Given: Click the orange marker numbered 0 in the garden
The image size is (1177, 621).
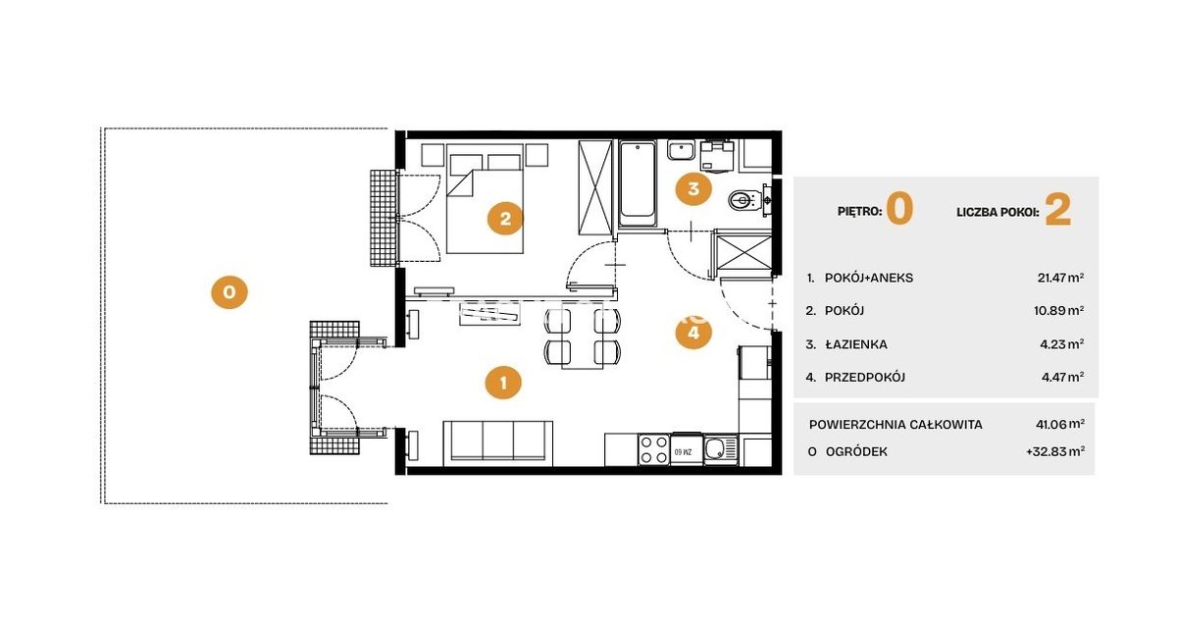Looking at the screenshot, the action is pos(230,291).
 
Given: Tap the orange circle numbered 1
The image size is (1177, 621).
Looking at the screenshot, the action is pos(503,383).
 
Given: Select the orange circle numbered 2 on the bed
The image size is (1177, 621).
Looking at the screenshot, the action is pos(505,218).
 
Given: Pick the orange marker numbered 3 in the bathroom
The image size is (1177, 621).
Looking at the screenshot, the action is pos(693,188).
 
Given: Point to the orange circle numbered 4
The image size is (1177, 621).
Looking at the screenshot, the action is pos(693,332).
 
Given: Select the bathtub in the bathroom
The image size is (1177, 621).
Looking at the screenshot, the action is pos(638,183).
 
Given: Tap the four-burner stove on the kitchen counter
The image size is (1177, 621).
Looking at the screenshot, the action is pos(654,449).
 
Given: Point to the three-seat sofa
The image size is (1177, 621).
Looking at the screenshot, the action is pos(497,442).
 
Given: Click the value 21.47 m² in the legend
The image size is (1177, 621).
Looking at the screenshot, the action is pos(1060,278).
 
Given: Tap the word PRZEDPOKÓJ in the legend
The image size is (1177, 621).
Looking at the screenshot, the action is pos(865,377).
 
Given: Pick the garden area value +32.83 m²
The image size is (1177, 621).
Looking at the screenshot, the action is pos(1055,451).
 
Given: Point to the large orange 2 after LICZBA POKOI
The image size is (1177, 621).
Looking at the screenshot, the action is pos(1057,210).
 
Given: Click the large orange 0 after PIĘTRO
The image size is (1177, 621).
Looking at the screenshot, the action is pos(899,209).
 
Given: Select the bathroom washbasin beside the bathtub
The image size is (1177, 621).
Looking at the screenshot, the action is pos(682,150).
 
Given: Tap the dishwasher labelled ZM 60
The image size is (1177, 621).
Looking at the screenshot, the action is pos(687,449).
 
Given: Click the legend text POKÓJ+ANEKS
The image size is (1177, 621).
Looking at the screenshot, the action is pos(869,278).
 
